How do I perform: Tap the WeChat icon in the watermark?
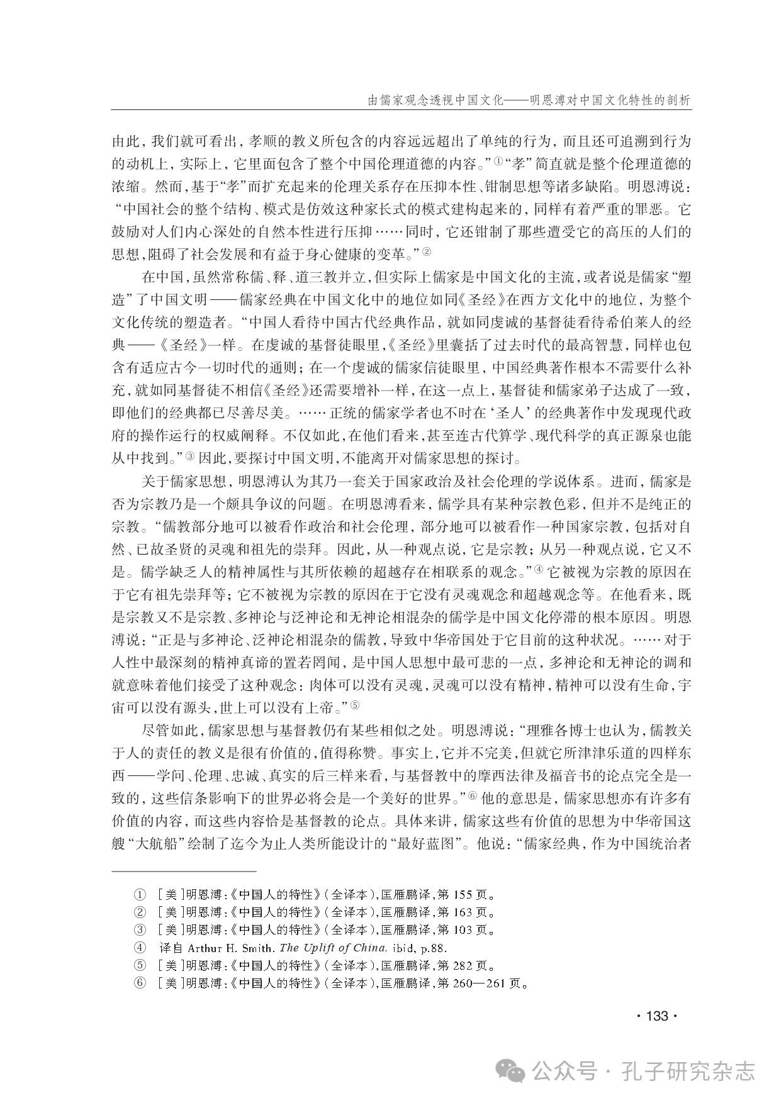(x=512, y=1070)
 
